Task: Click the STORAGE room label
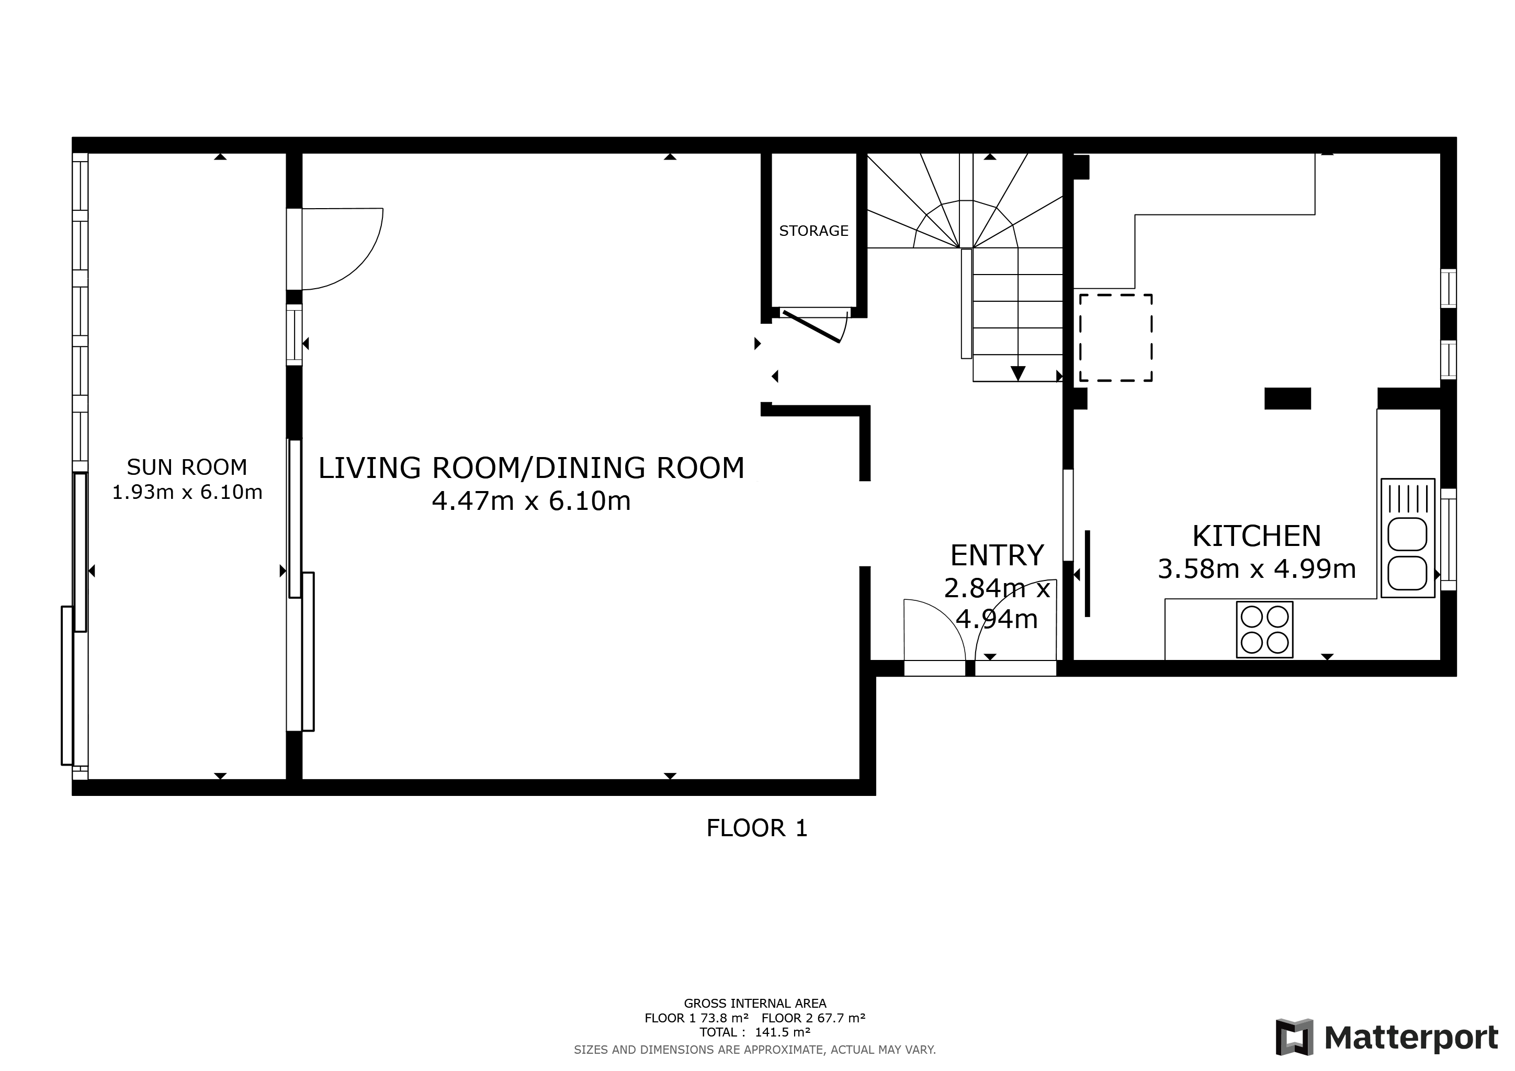(813, 231)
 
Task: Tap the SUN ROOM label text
(187, 467)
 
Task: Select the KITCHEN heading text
(1257, 536)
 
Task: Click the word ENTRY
(997, 555)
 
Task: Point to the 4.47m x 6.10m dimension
(531, 501)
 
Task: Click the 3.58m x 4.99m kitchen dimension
(1257, 569)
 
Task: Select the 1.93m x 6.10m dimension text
(187, 493)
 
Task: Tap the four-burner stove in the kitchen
(1264, 629)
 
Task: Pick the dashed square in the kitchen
(1116, 338)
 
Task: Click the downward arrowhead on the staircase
(1017, 373)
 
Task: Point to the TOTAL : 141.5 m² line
(755, 1032)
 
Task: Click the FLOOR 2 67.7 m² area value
(813, 1018)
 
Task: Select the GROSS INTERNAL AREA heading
(755, 1004)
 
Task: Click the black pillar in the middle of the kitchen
(1287, 398)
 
